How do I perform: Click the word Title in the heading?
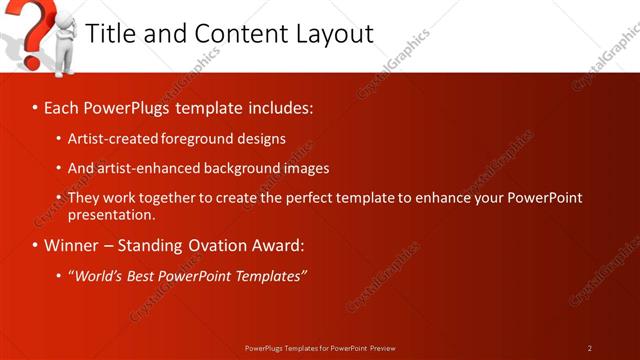[x=110, y=33]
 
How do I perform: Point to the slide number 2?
[x=590, y=348]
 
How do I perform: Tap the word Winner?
[x=73, y=245]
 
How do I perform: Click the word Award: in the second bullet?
[x=281, y=245]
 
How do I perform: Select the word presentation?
[x=111, y=214]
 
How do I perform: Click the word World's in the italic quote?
[x=98, y=275]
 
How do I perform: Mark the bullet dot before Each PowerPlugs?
[x=35, y=107]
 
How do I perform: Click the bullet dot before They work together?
[x=59, y=198]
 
